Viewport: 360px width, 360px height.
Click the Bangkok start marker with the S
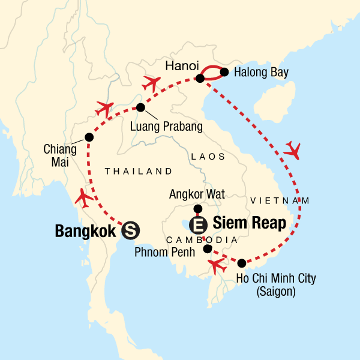coord(130,229)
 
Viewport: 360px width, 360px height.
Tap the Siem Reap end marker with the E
coord(197,225)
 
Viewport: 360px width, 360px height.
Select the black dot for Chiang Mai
coord(89,137)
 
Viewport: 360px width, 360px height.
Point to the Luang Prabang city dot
coord(140,108)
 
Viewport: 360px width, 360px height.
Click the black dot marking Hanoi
coord(200,79)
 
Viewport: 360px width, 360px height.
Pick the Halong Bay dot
coord(225,73)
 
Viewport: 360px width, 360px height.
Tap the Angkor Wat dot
coord(197,209)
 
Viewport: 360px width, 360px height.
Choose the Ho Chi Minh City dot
coord(241,263)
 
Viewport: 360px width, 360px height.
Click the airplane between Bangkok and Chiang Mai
coord(85,196)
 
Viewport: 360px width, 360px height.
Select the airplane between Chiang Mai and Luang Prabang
coord(104,109)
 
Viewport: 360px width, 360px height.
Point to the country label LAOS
coord(208,157)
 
